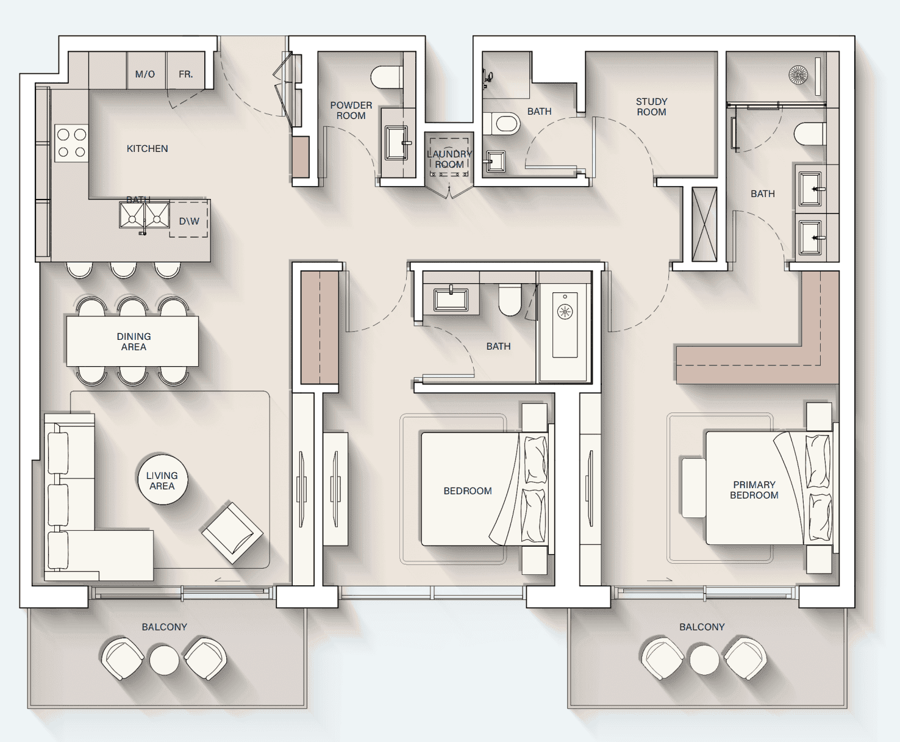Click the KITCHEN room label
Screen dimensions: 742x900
(x=147, y=148)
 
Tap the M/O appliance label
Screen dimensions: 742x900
(x=145, y=74)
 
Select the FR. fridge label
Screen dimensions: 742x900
(x=186, y=74)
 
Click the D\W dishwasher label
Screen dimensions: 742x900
(x=189, y=221)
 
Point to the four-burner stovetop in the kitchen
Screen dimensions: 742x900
(x=71, y=143)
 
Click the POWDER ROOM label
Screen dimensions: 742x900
(x=351, y=110)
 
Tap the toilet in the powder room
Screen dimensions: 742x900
(x=387, y=77)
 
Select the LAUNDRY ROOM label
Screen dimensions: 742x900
(x=449, y=159)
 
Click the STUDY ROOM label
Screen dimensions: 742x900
(x=651, y=106)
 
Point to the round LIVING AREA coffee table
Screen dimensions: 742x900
(x=162, y=480)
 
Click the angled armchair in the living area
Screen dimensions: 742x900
(x=232, y=533)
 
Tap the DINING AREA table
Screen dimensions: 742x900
(x=133, y=341)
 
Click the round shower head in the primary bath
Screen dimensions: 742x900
(x=798, y=75)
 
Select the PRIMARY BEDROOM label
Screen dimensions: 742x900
(x=754, y=490)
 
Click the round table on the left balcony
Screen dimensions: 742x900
(x=165, y=660)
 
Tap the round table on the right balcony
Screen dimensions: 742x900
(x=704, y=660)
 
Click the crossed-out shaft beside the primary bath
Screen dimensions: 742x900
(x=704, y=224)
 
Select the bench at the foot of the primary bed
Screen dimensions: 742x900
(x=694, y=488)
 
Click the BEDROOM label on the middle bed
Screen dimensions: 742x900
(x=468, y=491)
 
